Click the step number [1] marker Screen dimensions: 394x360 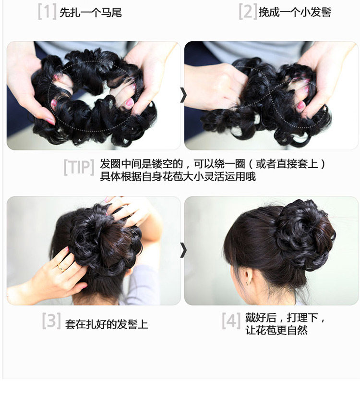(x=48, y=12)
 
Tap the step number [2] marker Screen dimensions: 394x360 (x=248, y=12)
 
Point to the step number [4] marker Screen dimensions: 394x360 (x=231, y=321)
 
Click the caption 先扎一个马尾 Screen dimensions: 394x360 (x=91, y=12)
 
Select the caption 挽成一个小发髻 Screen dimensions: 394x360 (x=295, y=12)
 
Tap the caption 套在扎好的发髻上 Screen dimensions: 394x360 (x=107, y=324)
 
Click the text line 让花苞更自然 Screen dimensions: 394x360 (x=276, y=331)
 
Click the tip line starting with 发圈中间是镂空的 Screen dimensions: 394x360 (x=213, y=164)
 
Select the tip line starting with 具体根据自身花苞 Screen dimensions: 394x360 (x=178, y=177)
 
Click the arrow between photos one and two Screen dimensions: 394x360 (x=183, y=96)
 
